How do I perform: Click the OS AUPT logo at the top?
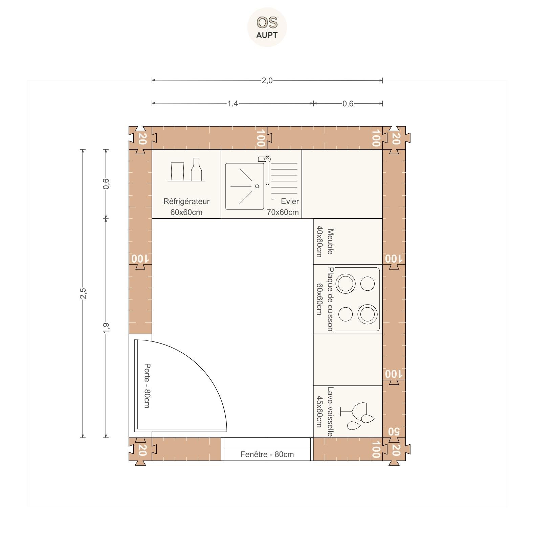(267, 27)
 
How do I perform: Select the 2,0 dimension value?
(267, 81)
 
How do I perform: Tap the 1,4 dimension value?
(232, 103)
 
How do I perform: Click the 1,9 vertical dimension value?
(106, 328)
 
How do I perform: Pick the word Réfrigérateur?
(186, 201)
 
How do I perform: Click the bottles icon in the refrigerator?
(186, 170)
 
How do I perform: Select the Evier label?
(290, 201)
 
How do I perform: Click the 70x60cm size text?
(283, 212)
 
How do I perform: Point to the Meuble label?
(330, 242)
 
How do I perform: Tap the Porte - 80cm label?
(147, 386)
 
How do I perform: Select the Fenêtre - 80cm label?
(267, 454)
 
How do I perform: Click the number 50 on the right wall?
(394, 431)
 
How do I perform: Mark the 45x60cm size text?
(319, 412)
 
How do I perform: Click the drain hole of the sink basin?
(257, 186)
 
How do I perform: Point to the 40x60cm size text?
(319, 242)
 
